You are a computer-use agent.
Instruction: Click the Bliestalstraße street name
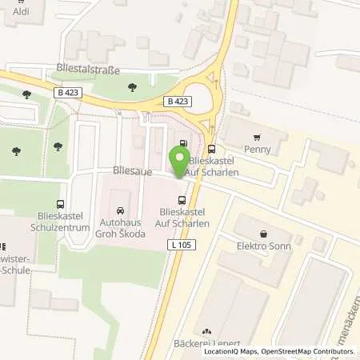(x=88, y=70)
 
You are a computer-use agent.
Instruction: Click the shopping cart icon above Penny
(x=257, y=137)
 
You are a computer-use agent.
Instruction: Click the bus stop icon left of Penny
(x=211, y=148)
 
